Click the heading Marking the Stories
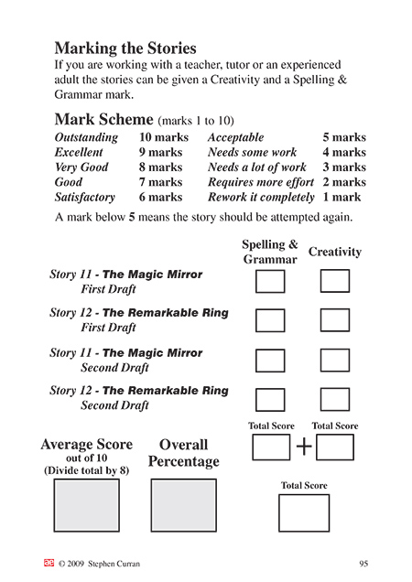125,48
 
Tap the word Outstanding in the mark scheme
86,137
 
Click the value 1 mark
342,197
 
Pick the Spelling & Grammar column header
270,252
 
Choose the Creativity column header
335,252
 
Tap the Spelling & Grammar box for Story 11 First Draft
270,281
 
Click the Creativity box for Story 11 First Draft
335,281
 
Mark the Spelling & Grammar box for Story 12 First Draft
270,320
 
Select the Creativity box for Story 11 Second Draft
335,360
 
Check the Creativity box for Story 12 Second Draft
335,399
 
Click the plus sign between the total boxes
304,447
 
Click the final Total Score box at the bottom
304,512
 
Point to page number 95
363,563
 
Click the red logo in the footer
49,563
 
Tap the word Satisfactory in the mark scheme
85,197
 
